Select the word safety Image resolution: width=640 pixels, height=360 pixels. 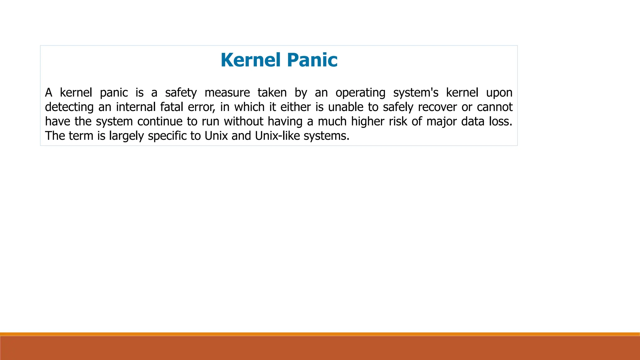click(181, 93)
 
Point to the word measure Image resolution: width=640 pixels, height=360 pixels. click(227, 93)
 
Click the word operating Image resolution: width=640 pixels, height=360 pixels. click(360, 93)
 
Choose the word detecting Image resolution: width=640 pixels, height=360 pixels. click(69, 107)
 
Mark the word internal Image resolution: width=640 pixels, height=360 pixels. click(136, 107)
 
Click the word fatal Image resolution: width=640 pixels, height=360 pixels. click(172, 107)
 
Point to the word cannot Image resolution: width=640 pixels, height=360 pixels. click(495, 107)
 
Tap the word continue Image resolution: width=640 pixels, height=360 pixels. click(160, 122)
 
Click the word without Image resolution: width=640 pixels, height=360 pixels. click(243, 122)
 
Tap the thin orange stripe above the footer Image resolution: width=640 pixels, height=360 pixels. click(320, 334)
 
